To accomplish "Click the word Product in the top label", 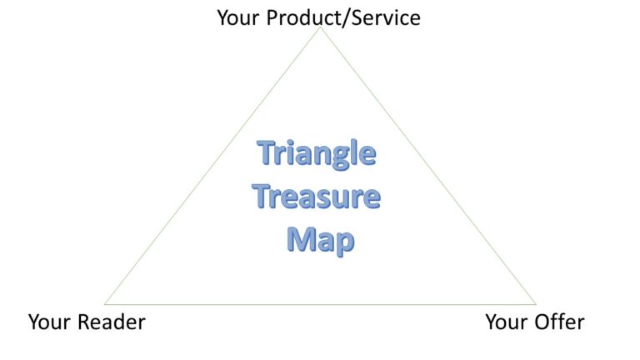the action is point(302,18).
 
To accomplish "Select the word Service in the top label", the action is point(386,18).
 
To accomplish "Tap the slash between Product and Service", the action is point(345,18).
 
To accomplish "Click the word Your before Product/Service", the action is point(239,18).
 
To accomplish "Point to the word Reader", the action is point(112,322).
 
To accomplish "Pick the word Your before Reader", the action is point(50,322).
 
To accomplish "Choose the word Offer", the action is point(560,322).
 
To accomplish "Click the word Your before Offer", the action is point(507,322).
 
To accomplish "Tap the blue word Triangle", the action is point(317,154).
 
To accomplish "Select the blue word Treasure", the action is point(317,197).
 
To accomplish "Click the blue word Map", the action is point(321,240).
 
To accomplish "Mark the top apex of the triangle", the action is point(320,27).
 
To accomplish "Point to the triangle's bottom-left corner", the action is point(105,304).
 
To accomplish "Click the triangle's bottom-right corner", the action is point(536,304).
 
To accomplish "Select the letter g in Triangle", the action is point(342,157).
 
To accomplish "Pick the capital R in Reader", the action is point(84,322).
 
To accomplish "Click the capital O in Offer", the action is point(543,322).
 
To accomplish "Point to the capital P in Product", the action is point(272,18).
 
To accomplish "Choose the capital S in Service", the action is point(357,18).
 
